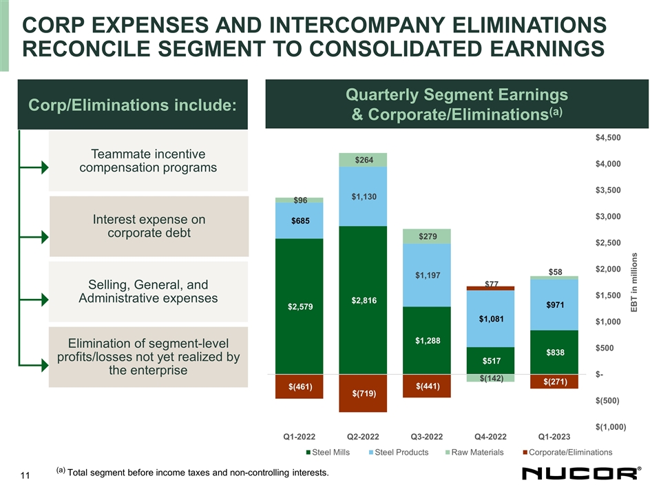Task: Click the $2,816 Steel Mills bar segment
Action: [363, 300]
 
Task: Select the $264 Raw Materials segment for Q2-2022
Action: [363, 160]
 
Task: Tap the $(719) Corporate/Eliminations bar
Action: [363, 393]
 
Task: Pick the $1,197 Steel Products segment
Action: [427, 276]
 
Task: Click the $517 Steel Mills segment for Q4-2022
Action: [490, 360]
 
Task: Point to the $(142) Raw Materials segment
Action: [490, 378]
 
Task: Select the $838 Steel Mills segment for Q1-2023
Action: [554, 352]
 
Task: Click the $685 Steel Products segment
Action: [300, 220]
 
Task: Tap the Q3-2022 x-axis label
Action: [427, 435]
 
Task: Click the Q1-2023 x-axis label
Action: [554, 435]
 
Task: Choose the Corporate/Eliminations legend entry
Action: [567, 452]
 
